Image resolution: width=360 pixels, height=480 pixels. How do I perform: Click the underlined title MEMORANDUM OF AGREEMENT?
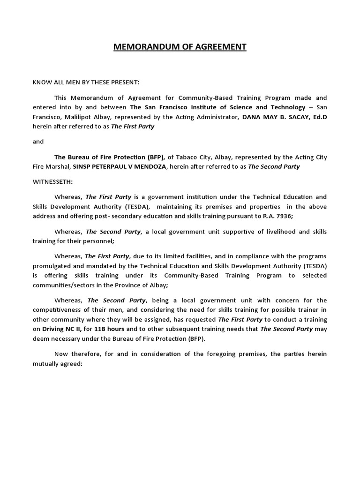tap(180, 47)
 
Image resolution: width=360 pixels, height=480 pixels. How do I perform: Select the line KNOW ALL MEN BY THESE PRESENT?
tap(86, 82)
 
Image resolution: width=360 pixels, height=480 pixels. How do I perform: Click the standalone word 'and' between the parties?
tap(38, 142)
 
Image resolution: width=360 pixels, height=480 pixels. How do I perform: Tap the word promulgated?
tap(53, 266)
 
